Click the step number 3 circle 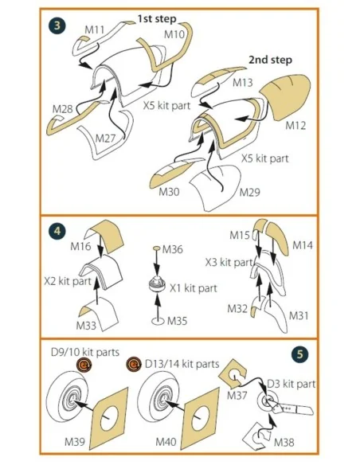click(x=57, y=25)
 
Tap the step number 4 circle click(x=57, y=231)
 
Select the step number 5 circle click(x=300, y=354)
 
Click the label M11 click(x=95, y=30)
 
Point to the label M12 click(x=295, y=126)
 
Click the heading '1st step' click(x=157, y=19)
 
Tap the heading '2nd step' click(x=270, y=60)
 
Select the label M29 click(x=249, y=192)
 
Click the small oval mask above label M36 click(x=157, y=248)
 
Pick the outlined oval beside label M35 click(x=158, y=321)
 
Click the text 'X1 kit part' click(x=194, y=288)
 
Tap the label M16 click(x=80, y=246)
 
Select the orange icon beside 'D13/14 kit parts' click(x=134, y=364)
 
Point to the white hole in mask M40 click(x=201, y=418)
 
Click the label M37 click(x=237, y=395)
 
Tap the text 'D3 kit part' click(x=292, y=384)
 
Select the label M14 click(x=303, y=245)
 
